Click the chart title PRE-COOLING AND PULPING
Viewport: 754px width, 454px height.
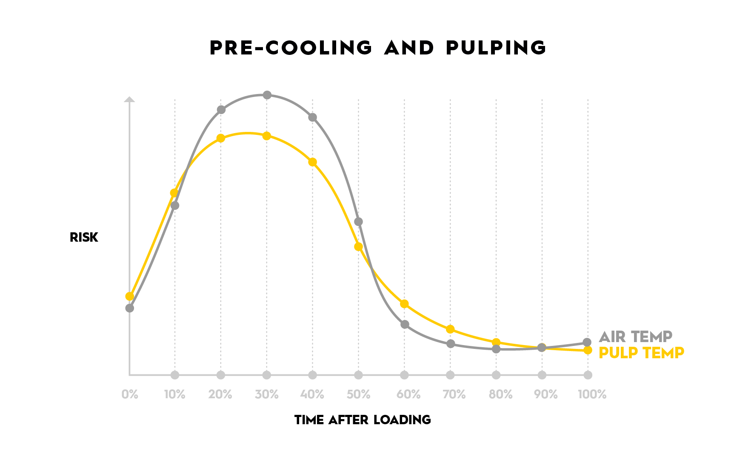(x=377, y=48)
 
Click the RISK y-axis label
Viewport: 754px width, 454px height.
(x=84, y=237)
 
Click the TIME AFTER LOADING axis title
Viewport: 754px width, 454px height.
(x=363, y=420)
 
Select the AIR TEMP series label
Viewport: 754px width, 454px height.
(x=635, y=337)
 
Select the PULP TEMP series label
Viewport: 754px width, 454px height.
(x=641, y=353)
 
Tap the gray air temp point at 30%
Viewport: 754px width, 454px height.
(x=267, y=95)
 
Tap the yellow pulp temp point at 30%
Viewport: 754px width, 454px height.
(x=267, y=136)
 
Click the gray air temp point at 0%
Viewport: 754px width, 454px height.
(x=130, y=308)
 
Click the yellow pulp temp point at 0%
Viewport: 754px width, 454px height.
(x=130, y=296)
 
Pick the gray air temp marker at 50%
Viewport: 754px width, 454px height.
(x=358, y=222)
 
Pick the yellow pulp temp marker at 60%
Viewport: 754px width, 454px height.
(x=404, y=304)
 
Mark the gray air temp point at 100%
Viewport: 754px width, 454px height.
(x=587, y=342)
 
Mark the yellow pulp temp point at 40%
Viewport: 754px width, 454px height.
(x=312, y=162)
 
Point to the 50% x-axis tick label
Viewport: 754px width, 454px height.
(x=358, y=394)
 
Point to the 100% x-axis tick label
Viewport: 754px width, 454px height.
(x=592, y=394)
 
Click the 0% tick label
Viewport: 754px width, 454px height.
(x=130, y=394)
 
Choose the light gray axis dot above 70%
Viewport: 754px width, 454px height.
(x=450, y=375)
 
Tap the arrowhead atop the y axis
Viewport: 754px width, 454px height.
(x=129, y=99)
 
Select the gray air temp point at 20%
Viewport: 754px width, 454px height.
(x=221, y=110)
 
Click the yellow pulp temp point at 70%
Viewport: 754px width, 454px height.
(x=450, y=329)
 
